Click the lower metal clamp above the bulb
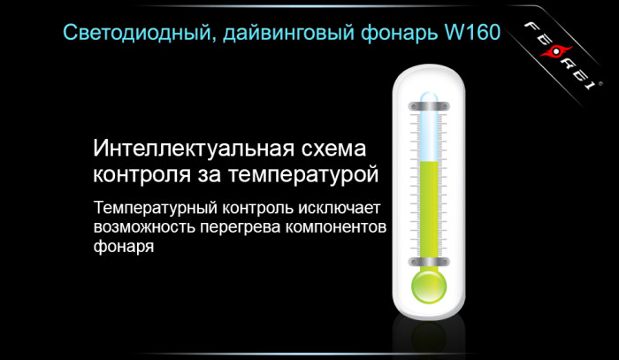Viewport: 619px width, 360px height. (430, 262)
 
